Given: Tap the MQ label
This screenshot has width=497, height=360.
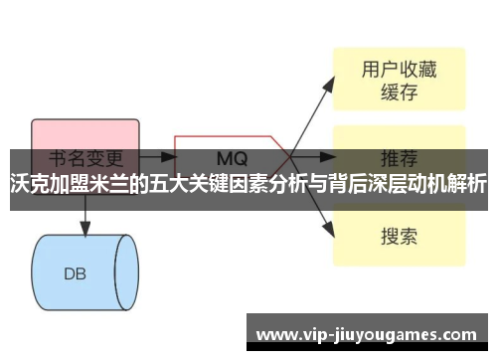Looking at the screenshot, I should coord(232,158).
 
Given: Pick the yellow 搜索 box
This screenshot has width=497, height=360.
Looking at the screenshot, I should coord(399,237).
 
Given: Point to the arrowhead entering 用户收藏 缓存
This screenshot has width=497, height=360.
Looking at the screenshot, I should coord(330,84).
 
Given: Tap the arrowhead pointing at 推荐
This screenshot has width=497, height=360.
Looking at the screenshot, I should coord(330,156).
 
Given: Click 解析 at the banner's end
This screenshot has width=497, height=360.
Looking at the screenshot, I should coord(467,183).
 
